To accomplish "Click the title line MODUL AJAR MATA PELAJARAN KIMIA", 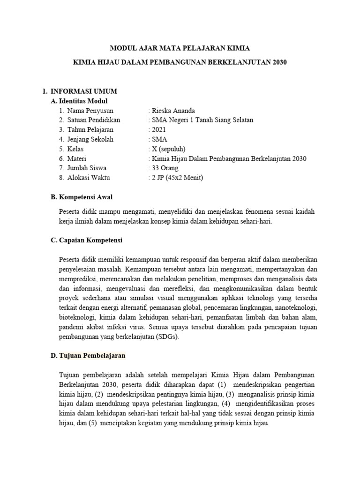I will click(180, 48).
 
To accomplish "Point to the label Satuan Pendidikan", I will click(94, 120).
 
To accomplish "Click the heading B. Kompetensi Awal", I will click(82, 197).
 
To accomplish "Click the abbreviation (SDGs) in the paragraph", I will click(166, 337).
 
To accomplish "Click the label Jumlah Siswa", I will click(87, 168).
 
